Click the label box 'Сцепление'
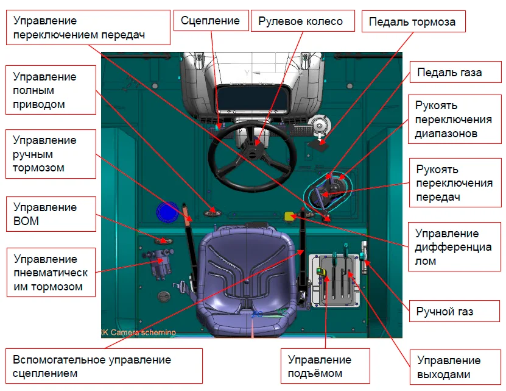pos(211,21)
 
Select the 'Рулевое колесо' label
pos(300,21)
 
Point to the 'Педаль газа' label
pos(449,72)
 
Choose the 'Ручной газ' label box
pos(445,312)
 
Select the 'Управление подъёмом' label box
pos(320,366)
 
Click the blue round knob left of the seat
pos(166,212)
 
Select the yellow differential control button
pos(290,215)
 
